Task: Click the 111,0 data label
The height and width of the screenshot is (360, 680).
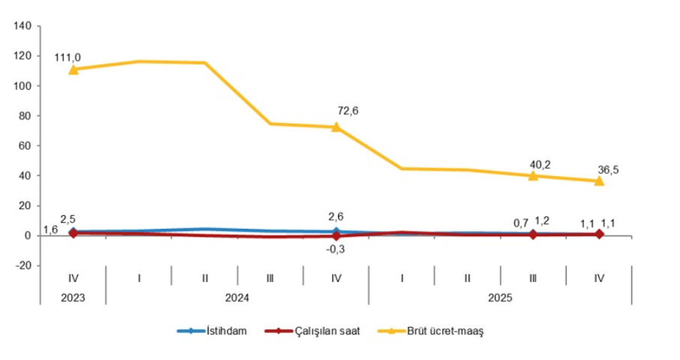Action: pos(67,57)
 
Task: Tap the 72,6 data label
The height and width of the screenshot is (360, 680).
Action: pos(348,111)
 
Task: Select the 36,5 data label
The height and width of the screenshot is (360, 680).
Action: pos(610,169)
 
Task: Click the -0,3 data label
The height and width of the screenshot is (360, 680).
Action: pos(336,249)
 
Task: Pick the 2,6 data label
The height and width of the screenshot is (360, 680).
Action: pos(336,217)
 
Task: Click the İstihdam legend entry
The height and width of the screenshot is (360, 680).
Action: pos(218,331)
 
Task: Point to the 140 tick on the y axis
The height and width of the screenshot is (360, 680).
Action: pos(22,26)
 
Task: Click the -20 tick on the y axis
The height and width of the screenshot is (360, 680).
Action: pos(22,265)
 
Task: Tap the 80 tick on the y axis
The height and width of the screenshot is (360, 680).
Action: pos(25,116)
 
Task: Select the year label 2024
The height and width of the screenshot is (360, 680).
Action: pos(237,297)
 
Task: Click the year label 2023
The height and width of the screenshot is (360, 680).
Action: pos(73,297)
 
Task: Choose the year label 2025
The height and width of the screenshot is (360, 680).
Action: pos(500,297)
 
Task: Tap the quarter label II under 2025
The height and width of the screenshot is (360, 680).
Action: pos(467,277)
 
